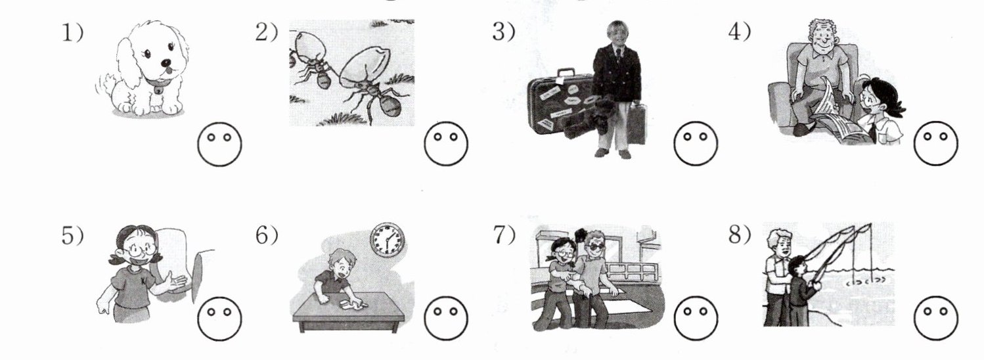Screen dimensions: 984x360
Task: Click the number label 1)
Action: pos(72,33)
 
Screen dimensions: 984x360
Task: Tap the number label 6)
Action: pos(267,235)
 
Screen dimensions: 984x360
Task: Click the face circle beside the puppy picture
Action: pos(219,144)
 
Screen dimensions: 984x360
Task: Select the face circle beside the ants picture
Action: pos(446,143)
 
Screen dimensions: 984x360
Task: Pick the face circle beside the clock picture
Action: pos(446,317)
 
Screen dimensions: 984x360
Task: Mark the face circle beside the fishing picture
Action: pos(935,317)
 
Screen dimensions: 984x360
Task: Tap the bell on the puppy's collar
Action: pos(157,91)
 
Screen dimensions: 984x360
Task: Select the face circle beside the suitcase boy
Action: pos(696,143)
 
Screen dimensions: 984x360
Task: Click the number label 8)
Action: pos(740,235)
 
